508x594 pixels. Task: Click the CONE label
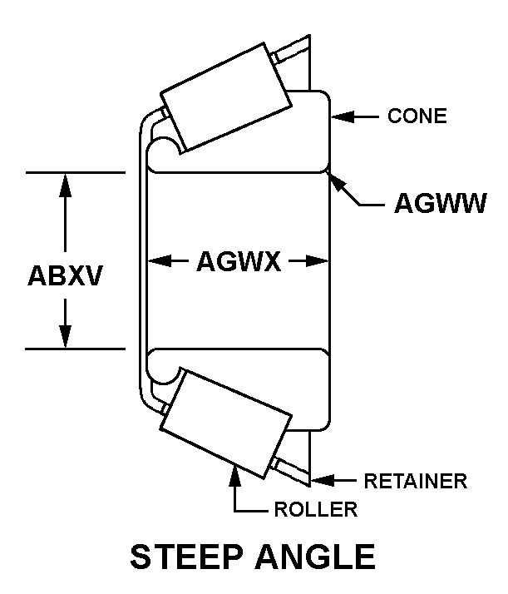click(417, 116)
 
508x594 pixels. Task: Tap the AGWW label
click(439, 205)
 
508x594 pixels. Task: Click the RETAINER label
click(415, 481)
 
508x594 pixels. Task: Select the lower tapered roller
click(226, 421)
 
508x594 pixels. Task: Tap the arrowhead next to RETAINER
click(320, 480)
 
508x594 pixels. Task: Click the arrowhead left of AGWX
click(159, 261)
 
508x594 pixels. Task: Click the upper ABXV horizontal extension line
click(75, 172)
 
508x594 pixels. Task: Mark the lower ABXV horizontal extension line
click(75, 349)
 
